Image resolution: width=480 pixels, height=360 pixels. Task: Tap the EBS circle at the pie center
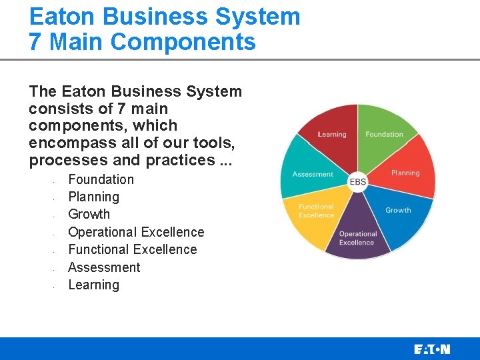click(x=358, y=181)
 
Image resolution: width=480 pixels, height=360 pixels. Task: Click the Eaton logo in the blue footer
click(x=432, y=349)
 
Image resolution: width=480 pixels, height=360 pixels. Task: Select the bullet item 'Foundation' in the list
click(x=101, y=179)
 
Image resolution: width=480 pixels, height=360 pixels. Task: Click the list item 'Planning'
click(x=94, y=197)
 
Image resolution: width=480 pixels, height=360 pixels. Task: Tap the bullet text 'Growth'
click(x=89, y=214)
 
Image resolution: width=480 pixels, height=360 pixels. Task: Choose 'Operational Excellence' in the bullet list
click(x=137, y=232)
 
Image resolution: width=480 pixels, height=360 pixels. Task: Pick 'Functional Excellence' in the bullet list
click(x=133, y=249)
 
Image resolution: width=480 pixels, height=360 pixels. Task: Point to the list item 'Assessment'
click(x=104, y=267)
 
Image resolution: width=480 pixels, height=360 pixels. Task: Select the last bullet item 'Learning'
click(x=94, y=285)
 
